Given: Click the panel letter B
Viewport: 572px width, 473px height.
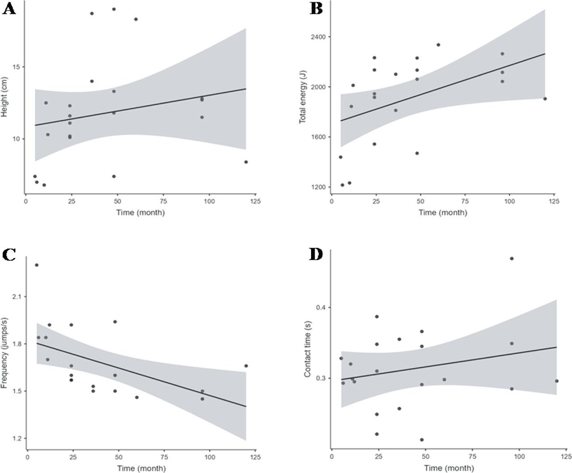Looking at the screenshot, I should coord(316,9).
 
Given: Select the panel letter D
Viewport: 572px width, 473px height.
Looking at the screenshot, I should coord(316,254).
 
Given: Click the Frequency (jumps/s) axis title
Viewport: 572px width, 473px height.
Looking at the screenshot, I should coord(5,353).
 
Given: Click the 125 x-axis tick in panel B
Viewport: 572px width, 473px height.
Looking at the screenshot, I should coord(554,202).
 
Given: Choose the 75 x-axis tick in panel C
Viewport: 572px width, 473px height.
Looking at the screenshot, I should coord(164,457).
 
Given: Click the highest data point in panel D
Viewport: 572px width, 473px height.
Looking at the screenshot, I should coord(512,258).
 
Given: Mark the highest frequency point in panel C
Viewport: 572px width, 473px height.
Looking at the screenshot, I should coord(37,265).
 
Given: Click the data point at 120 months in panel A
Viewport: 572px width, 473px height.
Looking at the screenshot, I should coord(246,162).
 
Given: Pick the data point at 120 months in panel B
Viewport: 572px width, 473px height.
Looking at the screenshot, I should coord(545,99).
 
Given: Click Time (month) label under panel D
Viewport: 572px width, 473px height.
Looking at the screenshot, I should coord(448,468).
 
